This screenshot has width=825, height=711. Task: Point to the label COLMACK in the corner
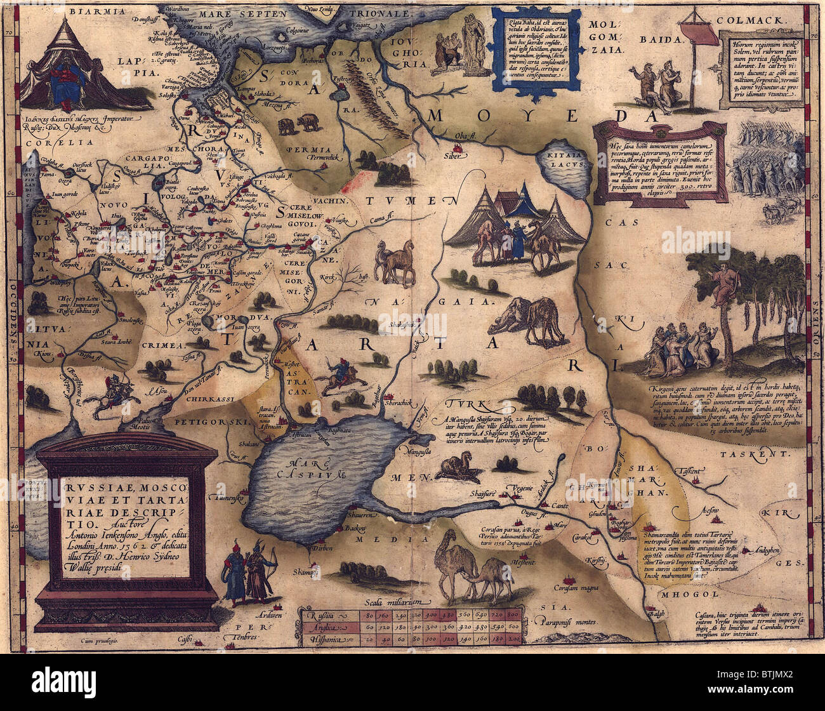[x=756, y=19]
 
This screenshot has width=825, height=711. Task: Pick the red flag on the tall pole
[x=692, y=31]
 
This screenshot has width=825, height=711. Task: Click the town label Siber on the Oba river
[x=453, y=154]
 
